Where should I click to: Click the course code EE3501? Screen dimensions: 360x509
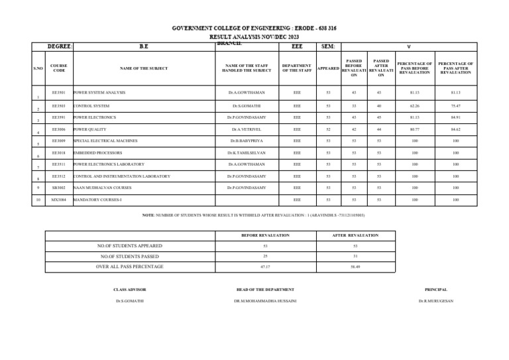[x=58, y=93]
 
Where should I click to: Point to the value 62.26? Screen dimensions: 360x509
[x=414, y=105]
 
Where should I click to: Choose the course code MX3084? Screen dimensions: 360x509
[x=58, y=199]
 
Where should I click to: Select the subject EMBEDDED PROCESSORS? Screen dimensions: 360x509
[x=97, y=152]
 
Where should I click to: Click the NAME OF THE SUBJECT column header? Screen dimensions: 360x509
[x=144, y=68]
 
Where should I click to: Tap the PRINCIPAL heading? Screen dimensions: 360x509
[x=435, y=290]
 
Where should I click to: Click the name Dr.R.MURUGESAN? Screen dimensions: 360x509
[x=435, y=301]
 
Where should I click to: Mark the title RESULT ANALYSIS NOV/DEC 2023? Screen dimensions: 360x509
[x=254, y=37]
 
